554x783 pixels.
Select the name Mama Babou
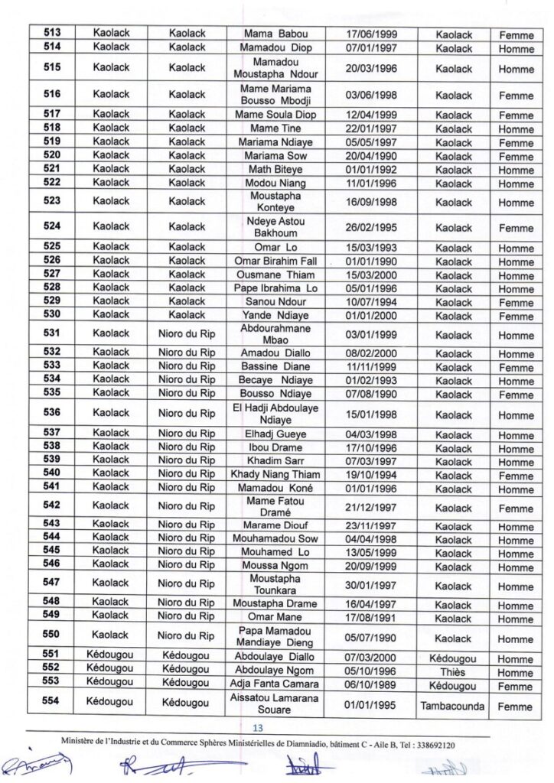coord(276,34)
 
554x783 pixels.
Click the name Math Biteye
coord(276,170)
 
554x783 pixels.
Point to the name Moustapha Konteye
coord(276,202)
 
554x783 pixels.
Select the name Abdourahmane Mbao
coord(276,334)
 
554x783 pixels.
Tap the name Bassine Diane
coord(276,367)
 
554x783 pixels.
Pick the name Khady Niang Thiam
coord(276,475)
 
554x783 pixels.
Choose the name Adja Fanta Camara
coord(276,684)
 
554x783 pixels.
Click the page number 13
coord(257,727)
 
